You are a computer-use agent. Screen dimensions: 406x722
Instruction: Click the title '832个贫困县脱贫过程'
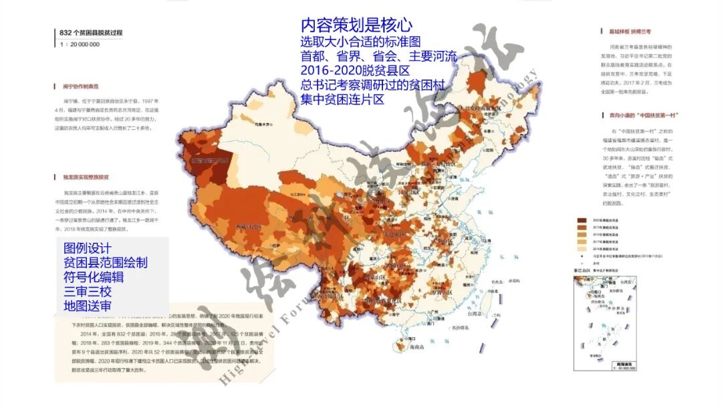pos(91,33)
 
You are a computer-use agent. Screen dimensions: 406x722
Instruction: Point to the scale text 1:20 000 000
pos(80,44)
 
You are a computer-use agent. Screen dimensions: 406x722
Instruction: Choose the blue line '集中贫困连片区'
pos(343,100)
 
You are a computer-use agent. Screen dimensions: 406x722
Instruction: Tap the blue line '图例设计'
pos(88,249)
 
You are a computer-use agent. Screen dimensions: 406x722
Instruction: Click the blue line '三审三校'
pos(88,292)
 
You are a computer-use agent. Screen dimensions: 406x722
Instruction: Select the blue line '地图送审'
pos(88,306)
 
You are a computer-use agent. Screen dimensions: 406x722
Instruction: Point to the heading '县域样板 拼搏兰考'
pos(626,31)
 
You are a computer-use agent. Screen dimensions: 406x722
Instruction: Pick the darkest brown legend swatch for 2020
pos(579,219)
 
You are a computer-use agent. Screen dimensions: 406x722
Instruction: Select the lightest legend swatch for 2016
pos(579,248)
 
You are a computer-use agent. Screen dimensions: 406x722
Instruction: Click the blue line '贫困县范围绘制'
pos(106,263)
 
